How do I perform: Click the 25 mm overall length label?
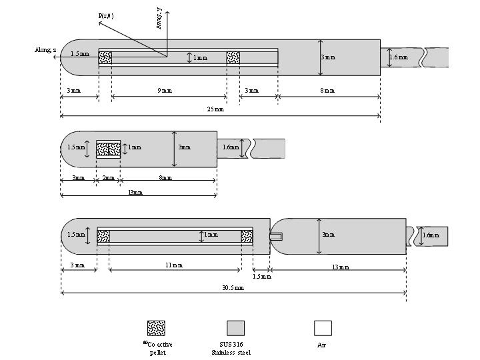point(215,109)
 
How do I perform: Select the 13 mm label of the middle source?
point(135,192)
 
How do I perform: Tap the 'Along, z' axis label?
point(46,49)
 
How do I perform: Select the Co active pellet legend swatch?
point(156,328)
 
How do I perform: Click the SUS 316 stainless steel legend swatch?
point(235,328)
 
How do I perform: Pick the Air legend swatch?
point(323,328)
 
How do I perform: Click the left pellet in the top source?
point(105,58)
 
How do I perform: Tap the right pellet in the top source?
point(233,58)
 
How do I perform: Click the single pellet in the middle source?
point(108,149)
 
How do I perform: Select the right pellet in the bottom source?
point(247,235)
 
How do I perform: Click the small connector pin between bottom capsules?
point(276,235)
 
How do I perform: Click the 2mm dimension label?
point(109,178)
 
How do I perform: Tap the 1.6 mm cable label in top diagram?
point(399,58)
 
